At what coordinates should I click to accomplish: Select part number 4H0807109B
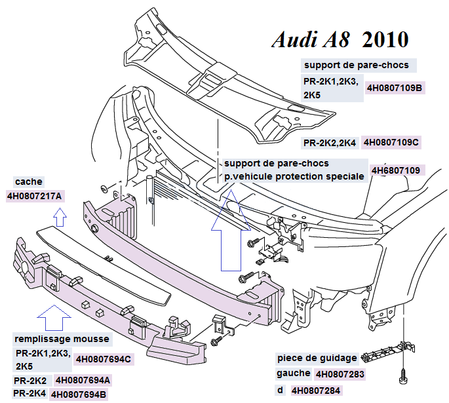click(395, 87)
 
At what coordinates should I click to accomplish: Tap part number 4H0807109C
click(391, 142)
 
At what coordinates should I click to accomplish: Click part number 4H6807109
click(395, 170)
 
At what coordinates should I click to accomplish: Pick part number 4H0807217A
click(34, 196)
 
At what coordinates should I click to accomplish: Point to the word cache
click(28, 182)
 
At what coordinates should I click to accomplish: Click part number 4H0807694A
click(83, 380)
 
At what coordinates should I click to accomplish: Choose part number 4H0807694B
click(79, 394)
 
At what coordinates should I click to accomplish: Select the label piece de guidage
click(317, 358)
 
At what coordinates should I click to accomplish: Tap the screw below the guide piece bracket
click(402, 377)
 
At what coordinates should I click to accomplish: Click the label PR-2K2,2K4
click(329, 142)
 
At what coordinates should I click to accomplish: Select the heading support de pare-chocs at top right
click(357, 65)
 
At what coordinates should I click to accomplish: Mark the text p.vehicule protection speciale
click(294, 176)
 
